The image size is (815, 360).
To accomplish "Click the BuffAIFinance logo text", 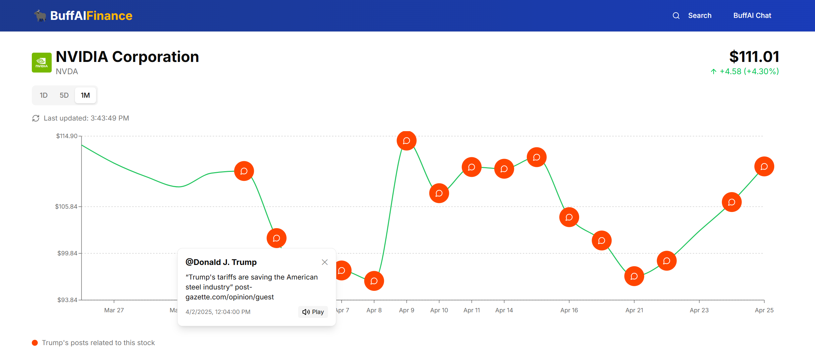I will pyautogui.click(x=91, y=16).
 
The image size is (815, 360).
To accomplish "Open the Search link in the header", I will pyautogui.click(x=699, y=16).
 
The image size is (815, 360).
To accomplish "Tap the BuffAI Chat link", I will pyautogui.click(x=752, y=16).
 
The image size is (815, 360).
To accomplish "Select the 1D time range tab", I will pyautogui.click(x=44, y=95).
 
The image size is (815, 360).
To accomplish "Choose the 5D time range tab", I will pyautogui.click(x=64, y=95).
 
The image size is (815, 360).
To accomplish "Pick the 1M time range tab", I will pyautogui.click(x=85, y=95).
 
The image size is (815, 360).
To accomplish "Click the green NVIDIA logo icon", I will pyautogui.click(x=42, y=62).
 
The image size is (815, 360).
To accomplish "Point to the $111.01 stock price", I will pyautogui.click(x=754, y=57).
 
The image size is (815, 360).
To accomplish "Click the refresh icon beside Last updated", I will pyautogui.click(x=36, y=118).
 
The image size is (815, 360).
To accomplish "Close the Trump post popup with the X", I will pyautogui.click(x=325, y=262).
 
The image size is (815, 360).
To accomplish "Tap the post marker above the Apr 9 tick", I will pyautogui.click(x=407, y=141).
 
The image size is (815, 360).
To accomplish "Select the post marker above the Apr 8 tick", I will pyautogui.click(x=374, y=281).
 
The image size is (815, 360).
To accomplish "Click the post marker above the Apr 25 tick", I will pyautogui.click(x=764, y=167).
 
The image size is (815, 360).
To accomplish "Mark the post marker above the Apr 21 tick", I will pyautogui.click(x=634, y=276).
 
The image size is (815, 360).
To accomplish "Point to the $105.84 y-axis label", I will pyautogui.click(x=66, y=207).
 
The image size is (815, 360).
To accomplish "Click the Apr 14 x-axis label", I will pyautogui.click(x=504, y=310).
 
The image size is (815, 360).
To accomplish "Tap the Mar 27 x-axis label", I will pyautogui.click(x=114, y=310).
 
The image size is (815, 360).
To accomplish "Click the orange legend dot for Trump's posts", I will pyautogui.click(x=35, y=343).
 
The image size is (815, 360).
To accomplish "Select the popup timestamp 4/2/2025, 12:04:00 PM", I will pyautogui.click(x=218, y=312).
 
